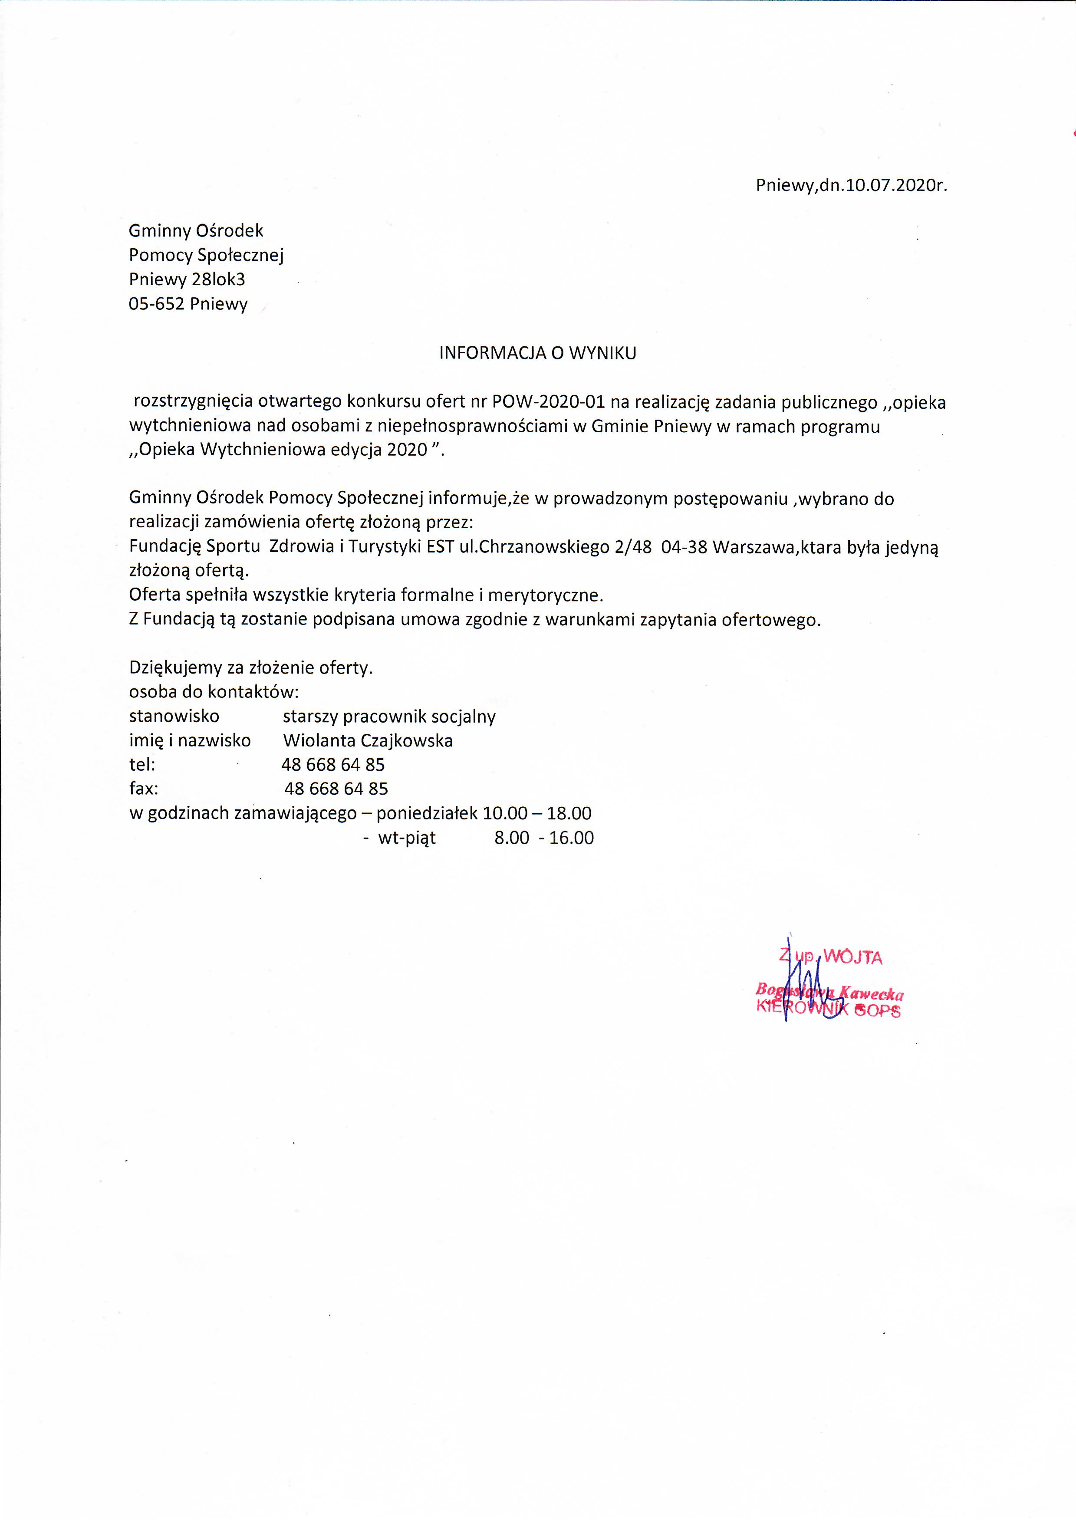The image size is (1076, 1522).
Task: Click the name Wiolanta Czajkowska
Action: (x=368, y=740)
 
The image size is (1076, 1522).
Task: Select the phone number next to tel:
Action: (x=333, y=765)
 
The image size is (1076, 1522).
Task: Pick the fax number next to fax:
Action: (x=336, y=789)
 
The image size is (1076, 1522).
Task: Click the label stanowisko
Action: (x=174, y=717)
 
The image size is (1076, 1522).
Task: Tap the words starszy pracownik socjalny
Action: (x=389, y=717)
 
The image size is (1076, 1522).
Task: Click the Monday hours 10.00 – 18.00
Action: (x=536, y=813)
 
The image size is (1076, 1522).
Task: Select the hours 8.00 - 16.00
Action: (x=543, y=838)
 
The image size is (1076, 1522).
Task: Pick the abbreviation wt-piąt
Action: (x=407, y=838)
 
